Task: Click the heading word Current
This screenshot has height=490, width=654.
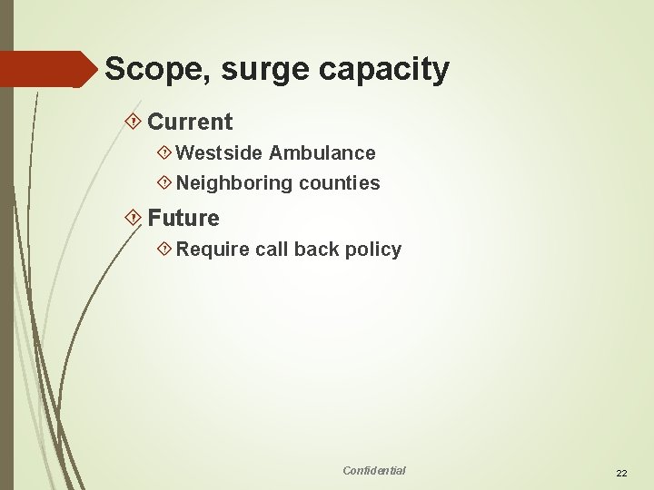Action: coord(190,122)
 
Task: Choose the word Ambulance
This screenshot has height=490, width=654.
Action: coord(322,153)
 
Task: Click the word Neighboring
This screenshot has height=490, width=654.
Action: coord(234,184)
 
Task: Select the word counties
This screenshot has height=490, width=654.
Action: coord(340,183)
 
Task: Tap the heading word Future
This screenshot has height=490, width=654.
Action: coord(183,219)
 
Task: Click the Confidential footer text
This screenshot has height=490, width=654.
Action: coord(374,470)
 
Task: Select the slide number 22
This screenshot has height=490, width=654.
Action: coord(622,474)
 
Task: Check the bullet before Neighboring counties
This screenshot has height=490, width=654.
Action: coord(165,183)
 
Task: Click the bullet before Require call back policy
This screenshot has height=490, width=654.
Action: coord(165,250)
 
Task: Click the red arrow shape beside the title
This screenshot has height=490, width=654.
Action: coord(50,69)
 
